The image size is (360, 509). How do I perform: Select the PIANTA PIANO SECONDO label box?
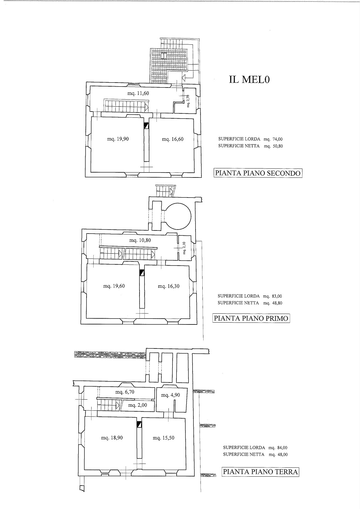pyautogui.click(x=258, y=173)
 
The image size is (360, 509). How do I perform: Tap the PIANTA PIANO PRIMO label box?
pyautogui.click(x=251, y=318)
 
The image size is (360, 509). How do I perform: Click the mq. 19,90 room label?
pyautogui.click(x=118, y=139)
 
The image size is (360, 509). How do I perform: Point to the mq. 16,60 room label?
pyautogui.click(x=173, y=139)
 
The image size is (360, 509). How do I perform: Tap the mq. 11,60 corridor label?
pyautogui.click(x=138, y=93)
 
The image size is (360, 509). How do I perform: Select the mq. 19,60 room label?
pyautogui.click(x=114, y=286)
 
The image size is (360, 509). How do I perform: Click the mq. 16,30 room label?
pyautogui.click(x=168, y=286)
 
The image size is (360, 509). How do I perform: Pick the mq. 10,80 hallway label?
pyautogui.click(x=140, y=240)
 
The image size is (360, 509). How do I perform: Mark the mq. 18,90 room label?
pyautogui.click(x=112, y=438)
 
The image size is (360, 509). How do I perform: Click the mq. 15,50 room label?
pyautogui.click(x=164, y=438)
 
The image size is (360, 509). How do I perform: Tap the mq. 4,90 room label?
pyautogui.click(x=171, y=395)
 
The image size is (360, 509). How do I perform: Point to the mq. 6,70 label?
pyautogui.click(x=125, y=392)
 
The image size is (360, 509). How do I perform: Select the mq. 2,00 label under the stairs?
pyautogui.click(x=137, y=405)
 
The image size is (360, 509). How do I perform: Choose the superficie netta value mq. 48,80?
pyautogui.click(x=273, y=303)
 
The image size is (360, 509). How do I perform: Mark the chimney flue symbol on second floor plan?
pyautogui.click(x=147, y=126)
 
